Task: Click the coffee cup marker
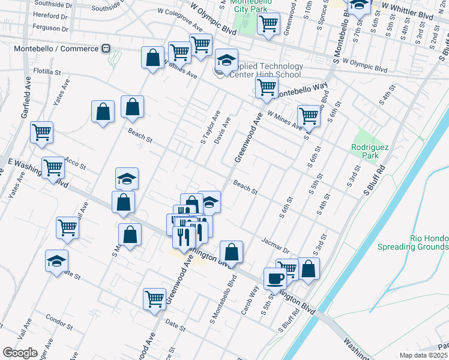coord(276,278)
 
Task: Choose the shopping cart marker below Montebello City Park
coord(268,24)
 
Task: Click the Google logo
coord(19,352)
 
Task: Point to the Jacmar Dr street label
coord(276,244)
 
